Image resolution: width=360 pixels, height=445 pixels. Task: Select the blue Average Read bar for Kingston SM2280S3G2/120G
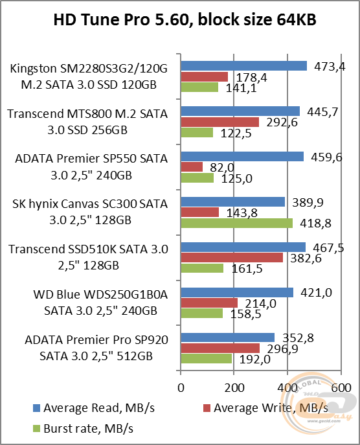tap(243, 65)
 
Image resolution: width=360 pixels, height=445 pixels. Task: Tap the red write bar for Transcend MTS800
tap(219, 122)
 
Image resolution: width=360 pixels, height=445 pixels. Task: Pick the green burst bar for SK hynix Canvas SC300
tap(236, 223)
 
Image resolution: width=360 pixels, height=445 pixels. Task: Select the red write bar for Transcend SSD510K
tap(232, 258)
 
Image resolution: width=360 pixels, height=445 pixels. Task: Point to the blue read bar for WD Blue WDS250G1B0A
tap(237, 293)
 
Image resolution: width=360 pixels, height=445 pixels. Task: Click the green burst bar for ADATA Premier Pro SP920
tap(207, 359)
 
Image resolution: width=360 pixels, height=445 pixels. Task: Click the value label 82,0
tap(219, 168)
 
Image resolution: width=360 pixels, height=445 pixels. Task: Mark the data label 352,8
tap(295, 337)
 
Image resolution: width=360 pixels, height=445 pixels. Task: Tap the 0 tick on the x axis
tap(181, 387)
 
